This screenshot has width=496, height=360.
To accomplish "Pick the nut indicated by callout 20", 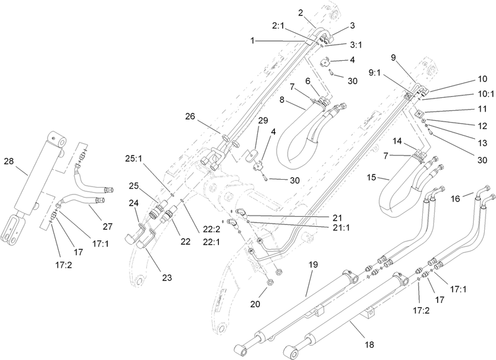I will (270, 283).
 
